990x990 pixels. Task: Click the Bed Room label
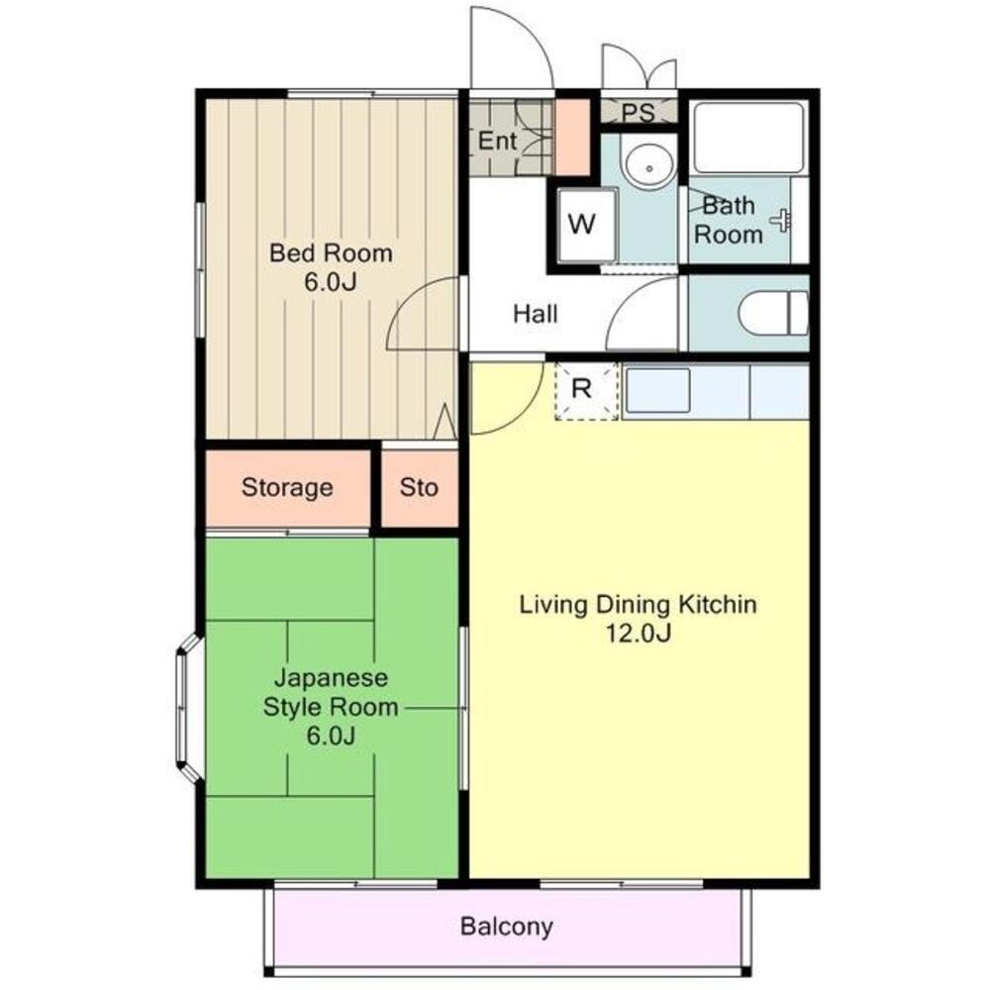[x=331, y=253]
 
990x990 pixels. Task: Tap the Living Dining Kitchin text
[x=639, y=605]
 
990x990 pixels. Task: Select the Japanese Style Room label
[x=330, y=693]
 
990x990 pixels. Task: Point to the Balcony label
[x=506, y=928]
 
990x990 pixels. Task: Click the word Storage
[x=287, y=488]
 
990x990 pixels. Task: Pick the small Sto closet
[x=419, y=488]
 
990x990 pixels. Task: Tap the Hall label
[x=535, y=315]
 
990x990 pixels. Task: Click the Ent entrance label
[x=497, y=142]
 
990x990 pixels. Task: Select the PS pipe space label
[x=639, y=112]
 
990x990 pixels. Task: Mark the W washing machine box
[x=582, y=225]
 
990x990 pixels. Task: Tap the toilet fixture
[x=772, y=314]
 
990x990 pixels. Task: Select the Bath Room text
[x=728, y=221]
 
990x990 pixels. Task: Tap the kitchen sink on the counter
[x=657, y=390]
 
